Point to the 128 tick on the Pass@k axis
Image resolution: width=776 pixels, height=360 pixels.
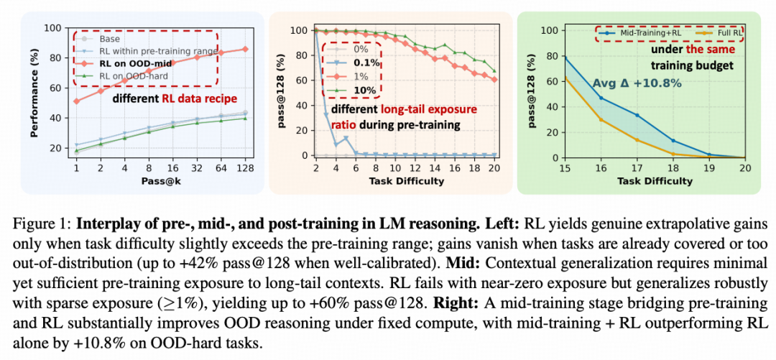[246, 167]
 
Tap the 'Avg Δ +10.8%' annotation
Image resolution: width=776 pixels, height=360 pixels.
[626, 83]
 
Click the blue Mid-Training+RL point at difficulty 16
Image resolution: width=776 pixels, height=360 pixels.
[601, 98]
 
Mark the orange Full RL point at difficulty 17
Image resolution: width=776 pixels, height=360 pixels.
[637, 139]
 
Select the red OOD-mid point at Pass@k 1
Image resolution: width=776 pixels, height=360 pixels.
[77, 101]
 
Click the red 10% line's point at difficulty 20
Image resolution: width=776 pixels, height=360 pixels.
[492, 79]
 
